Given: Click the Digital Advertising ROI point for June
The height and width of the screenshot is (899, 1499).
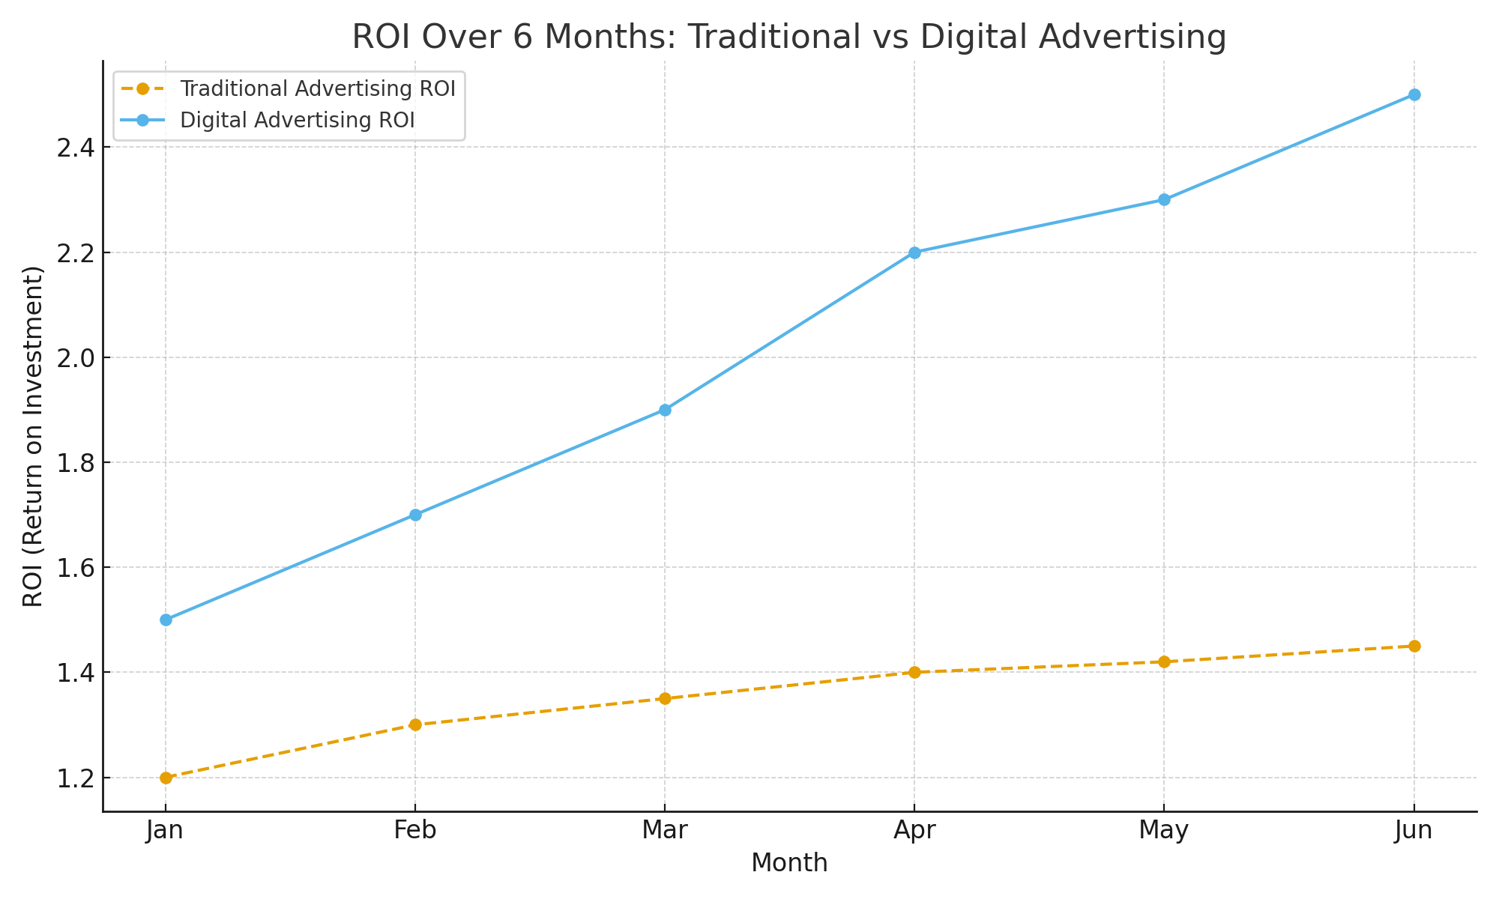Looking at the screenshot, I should pos(1414,95).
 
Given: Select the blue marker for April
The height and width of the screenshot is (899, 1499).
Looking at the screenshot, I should pos(914,252).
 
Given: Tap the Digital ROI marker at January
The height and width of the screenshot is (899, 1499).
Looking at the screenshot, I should pos(166,620).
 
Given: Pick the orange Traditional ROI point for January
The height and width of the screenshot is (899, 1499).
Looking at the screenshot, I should pos(166,778).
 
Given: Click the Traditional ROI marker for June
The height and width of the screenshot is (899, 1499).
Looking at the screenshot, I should pos(1414,646).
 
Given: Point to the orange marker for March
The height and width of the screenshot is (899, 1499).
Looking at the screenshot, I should pos(665,698).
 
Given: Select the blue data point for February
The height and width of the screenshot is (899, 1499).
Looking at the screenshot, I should pos(415,515).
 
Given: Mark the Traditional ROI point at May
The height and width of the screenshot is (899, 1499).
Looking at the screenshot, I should pos(1164,662).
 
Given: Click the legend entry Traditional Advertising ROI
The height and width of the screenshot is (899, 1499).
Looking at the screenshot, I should pos(317,89).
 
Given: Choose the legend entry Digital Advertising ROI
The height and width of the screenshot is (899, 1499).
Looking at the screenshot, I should pos(297,121).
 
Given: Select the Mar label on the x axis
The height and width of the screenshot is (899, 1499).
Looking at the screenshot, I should pos(665,831).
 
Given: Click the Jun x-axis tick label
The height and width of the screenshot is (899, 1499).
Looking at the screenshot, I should pos(1414,831).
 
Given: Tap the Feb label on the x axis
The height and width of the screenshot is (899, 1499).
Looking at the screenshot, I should pos(415,831).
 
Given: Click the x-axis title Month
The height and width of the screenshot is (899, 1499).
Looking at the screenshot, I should pos(789,864).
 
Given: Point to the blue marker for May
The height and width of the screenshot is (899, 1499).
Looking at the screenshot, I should pos(1164,200).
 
